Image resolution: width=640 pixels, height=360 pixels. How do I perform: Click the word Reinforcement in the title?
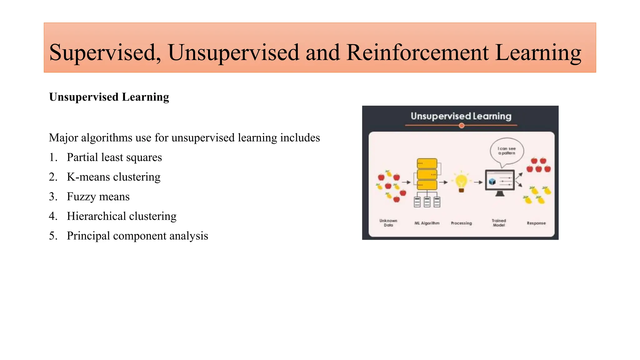417,52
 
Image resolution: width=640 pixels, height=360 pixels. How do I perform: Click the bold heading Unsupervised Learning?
109,97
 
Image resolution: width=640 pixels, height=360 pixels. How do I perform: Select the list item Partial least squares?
114,157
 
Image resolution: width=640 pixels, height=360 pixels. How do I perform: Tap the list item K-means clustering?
113,177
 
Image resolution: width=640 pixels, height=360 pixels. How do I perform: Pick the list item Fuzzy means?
98,197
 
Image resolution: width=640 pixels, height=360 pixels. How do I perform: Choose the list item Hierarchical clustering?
122,216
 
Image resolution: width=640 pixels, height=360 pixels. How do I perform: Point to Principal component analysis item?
137,236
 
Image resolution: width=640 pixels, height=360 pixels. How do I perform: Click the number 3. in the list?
53,197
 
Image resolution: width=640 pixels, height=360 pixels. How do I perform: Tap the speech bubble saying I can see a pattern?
507,151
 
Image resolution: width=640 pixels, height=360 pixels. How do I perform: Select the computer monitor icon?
500,181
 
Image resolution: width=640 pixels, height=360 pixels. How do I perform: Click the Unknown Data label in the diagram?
388,223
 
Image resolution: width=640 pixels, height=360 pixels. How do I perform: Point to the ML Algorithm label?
427,223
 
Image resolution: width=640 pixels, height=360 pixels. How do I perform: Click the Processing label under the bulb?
461,223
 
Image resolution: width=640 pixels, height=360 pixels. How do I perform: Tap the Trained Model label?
499,223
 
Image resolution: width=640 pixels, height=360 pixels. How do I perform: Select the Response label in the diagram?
536,223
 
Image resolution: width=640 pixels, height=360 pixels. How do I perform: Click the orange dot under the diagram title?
462,126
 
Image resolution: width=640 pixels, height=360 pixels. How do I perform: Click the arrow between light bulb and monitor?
478,182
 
